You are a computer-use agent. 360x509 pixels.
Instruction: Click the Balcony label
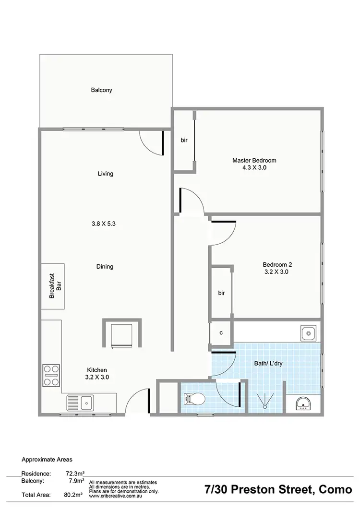point(101,90)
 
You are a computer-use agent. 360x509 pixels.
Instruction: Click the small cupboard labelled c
point(221,332)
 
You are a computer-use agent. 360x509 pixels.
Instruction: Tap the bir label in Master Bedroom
point(184,140)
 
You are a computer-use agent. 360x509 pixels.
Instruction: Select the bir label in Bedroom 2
point(221,293)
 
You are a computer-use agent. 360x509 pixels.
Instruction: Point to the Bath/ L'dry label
point(268,363)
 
